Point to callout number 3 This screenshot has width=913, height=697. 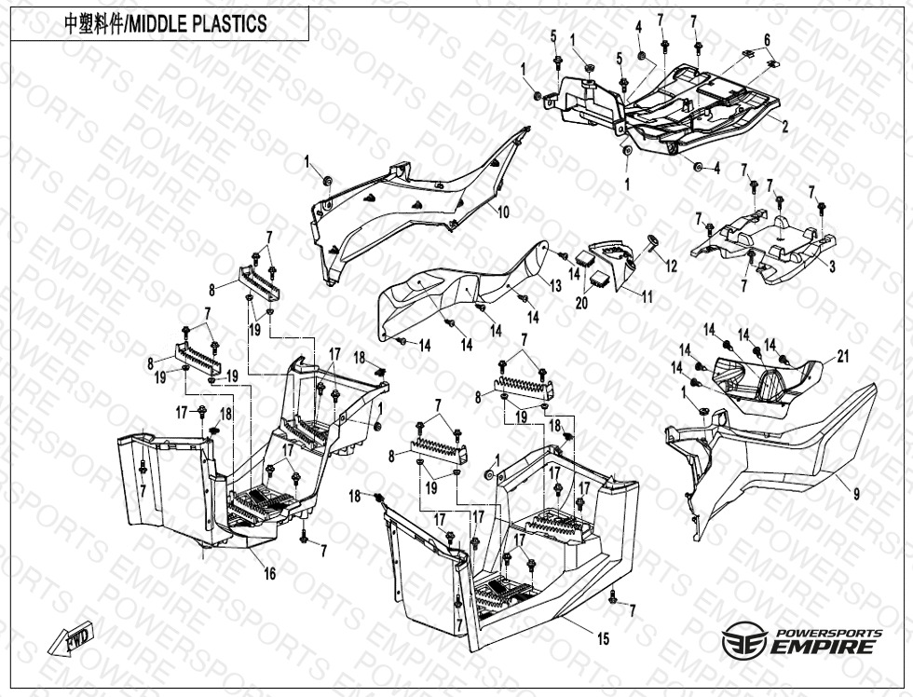[x=832, y=266]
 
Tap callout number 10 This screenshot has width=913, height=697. [x=502, y=212]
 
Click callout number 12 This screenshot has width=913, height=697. [x=671, y=266]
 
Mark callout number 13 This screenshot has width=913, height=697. [x=555, y=285]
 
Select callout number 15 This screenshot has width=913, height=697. [x=603, y=638]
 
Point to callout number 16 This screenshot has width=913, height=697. [x=269, y=574]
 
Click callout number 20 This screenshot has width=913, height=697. [x=581, y=303]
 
